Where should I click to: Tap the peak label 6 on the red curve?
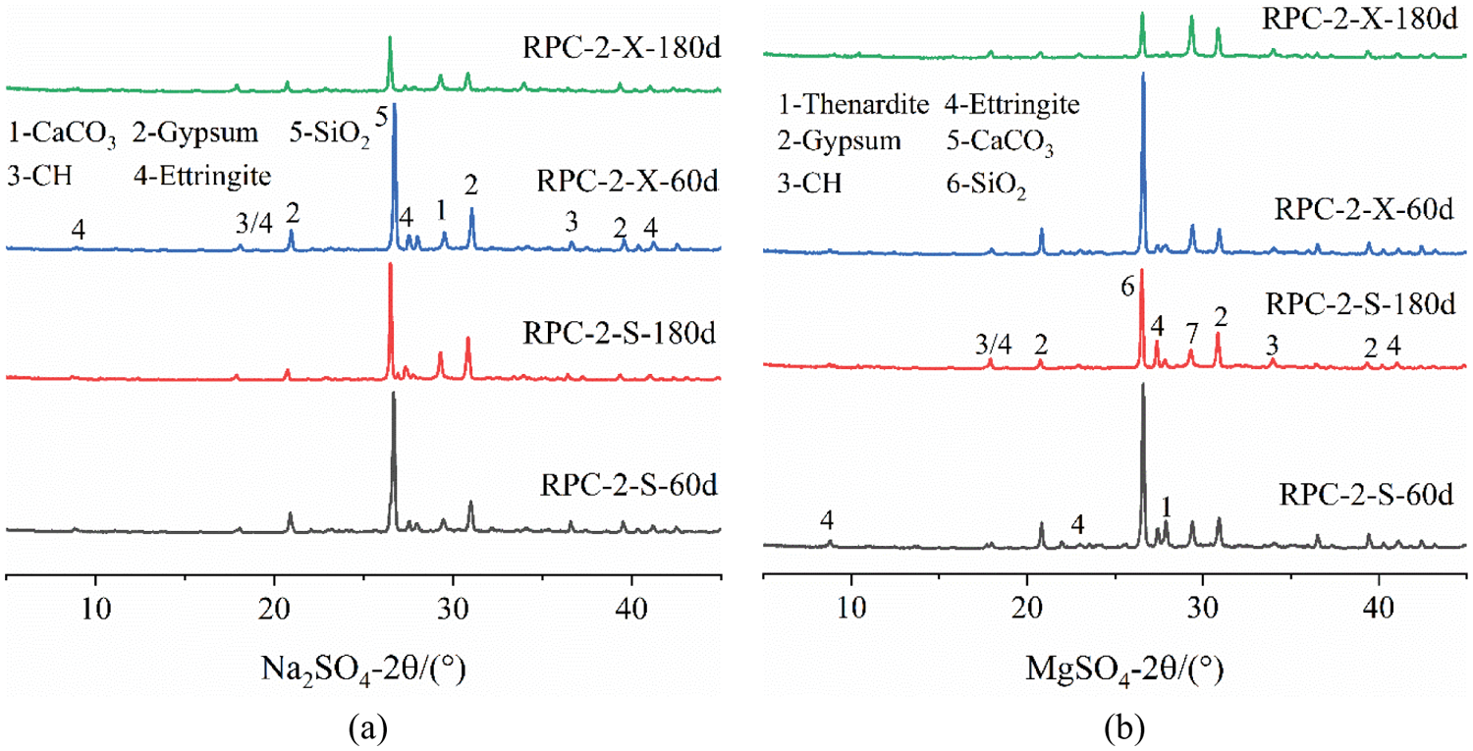point(1127,286)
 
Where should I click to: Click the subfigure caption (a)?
point(362,727)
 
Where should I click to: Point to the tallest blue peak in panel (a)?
point(395,104)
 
